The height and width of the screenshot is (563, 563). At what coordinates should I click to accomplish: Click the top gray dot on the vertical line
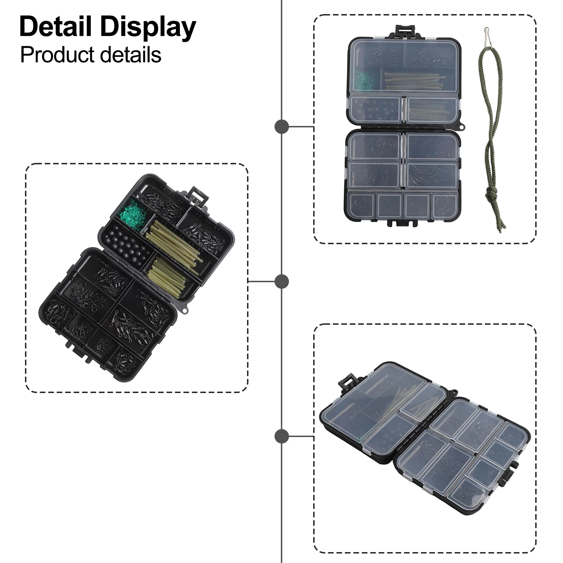281,127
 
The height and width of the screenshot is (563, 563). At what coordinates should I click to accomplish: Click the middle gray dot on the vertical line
281,281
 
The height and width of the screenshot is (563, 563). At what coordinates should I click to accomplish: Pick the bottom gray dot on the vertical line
281,436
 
